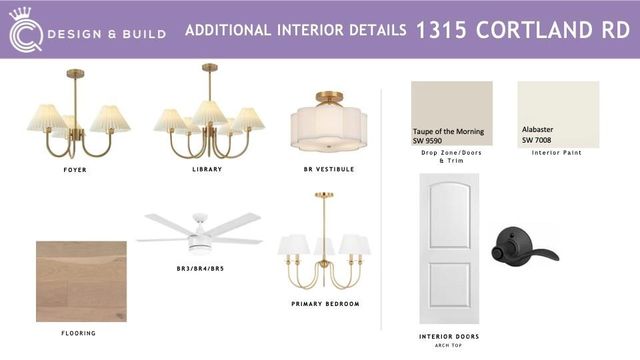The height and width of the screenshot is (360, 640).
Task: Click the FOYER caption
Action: click(75, 170)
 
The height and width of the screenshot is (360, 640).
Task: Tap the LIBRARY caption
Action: click(207, 170)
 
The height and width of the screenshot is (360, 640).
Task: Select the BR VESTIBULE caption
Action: click(328, 170)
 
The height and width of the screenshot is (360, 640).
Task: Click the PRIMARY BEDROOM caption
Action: click(325, 303)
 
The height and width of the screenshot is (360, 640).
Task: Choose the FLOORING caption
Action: click(78, 333)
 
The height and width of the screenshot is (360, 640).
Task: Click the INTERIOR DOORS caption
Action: click(449, 336)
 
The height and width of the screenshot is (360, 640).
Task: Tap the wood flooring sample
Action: click(81, 281)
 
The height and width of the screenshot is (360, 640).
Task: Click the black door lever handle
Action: click(522, 245)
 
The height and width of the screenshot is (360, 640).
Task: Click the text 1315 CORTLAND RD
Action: click(522, 29)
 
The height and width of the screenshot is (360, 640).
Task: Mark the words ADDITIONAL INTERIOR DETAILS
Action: click(295, 30)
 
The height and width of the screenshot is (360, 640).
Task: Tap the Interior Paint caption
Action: click(556, 153)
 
